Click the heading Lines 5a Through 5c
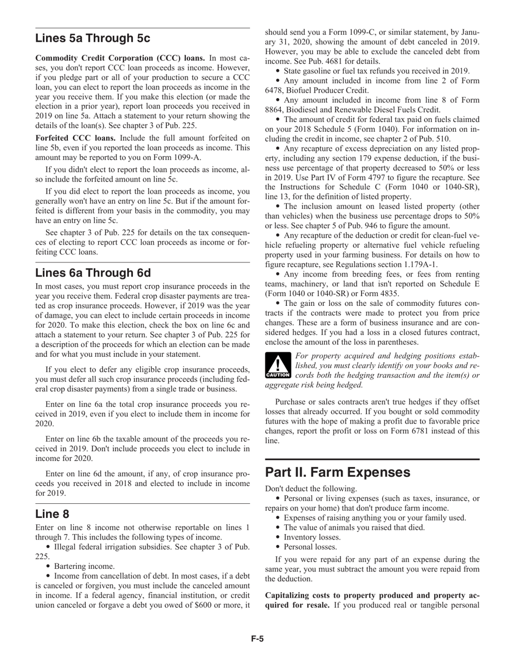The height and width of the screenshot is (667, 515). click(93, 39)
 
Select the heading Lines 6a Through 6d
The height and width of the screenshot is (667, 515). click(93, 273)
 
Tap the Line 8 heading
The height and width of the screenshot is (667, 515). click(52, 514)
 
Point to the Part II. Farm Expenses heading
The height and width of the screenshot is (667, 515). click(338, 472)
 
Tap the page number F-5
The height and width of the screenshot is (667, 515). click(257, 639)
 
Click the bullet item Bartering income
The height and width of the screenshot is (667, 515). click(84, 566)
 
